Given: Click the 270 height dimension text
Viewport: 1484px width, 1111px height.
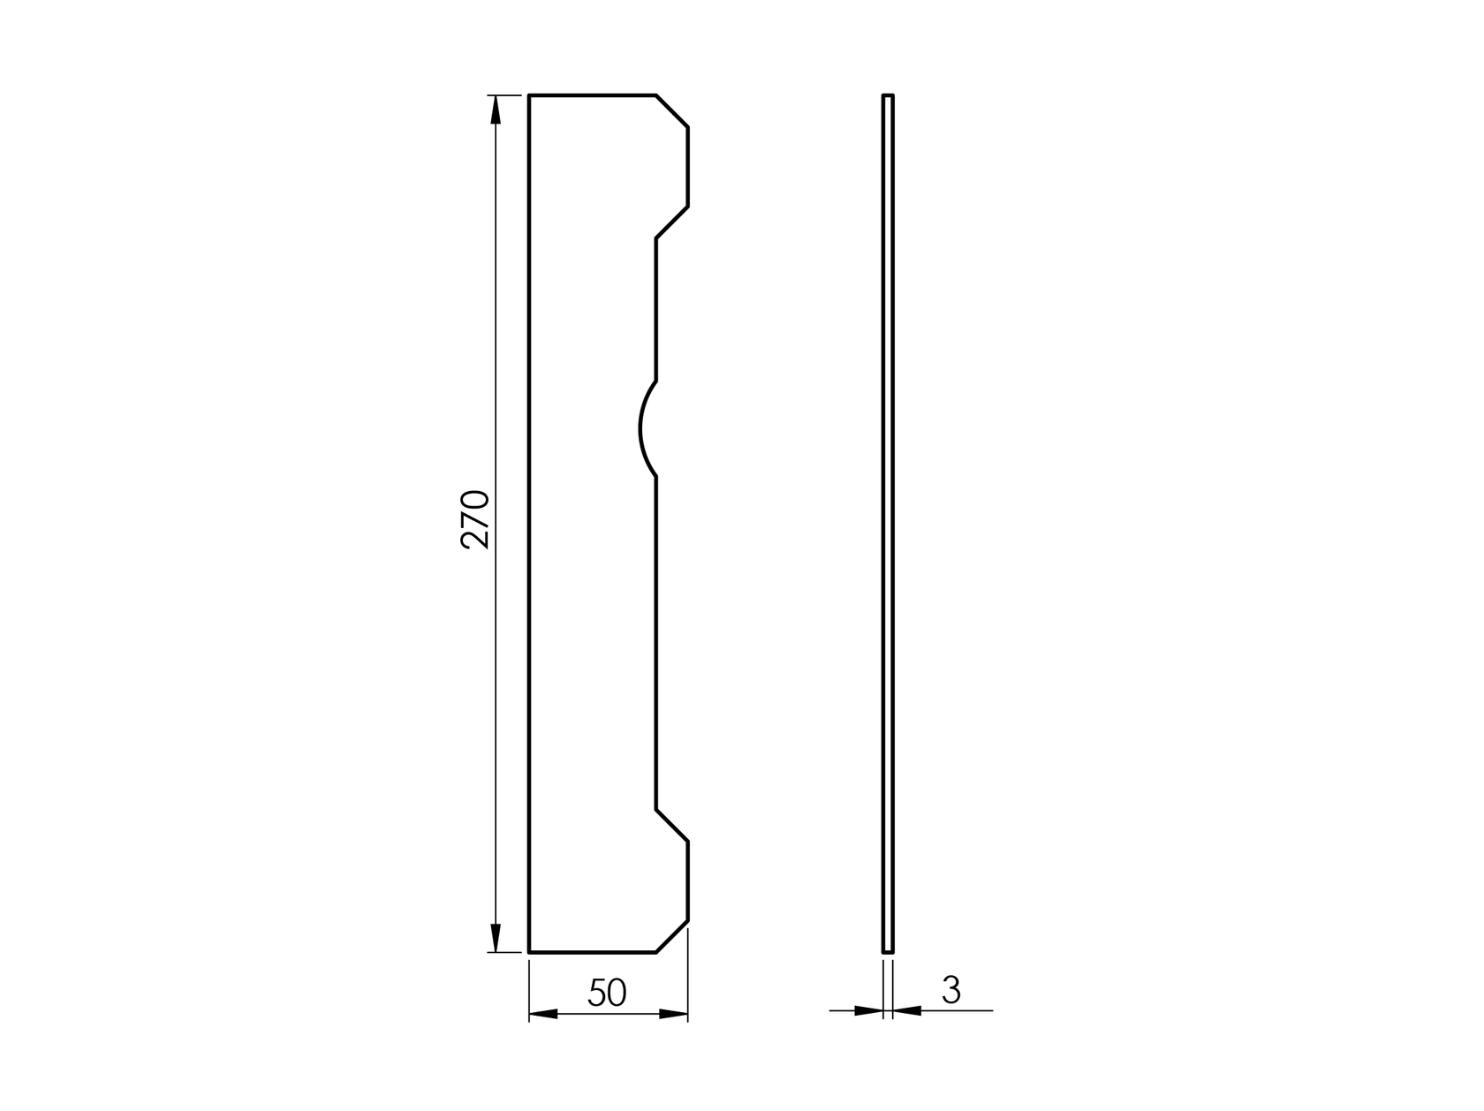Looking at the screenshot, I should point(475,519).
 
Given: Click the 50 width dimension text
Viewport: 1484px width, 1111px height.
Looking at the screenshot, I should point(607,994).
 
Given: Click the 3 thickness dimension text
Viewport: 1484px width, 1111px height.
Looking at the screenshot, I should point(951,991).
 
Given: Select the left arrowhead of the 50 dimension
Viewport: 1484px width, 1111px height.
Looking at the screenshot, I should point(542,1014).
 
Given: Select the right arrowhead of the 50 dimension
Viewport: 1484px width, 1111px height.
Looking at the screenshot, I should point(674,1014).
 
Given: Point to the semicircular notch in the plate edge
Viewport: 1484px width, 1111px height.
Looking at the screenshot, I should point(642,429).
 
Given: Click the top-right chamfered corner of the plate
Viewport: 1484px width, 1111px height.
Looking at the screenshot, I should point(672,110).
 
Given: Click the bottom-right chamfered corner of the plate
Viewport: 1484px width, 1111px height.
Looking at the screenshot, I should point(672,937).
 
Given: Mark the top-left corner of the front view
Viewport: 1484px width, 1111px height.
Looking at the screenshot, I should point(529,94).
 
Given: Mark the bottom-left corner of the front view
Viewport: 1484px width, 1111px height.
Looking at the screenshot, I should point(529,953).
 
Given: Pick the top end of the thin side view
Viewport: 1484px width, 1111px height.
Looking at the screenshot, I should point(888,95).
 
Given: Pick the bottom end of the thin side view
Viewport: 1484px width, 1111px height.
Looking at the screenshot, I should point(888,952).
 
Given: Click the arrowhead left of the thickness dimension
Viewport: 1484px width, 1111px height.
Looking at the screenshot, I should point(869,1010).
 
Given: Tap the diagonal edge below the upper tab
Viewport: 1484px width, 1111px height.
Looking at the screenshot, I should point(672,223).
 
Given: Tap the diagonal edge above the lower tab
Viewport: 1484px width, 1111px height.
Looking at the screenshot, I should point(672,825).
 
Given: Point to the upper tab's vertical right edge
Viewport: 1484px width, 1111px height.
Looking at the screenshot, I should point(688,167).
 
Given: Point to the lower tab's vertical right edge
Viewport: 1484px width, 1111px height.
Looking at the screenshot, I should point(688,881).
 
